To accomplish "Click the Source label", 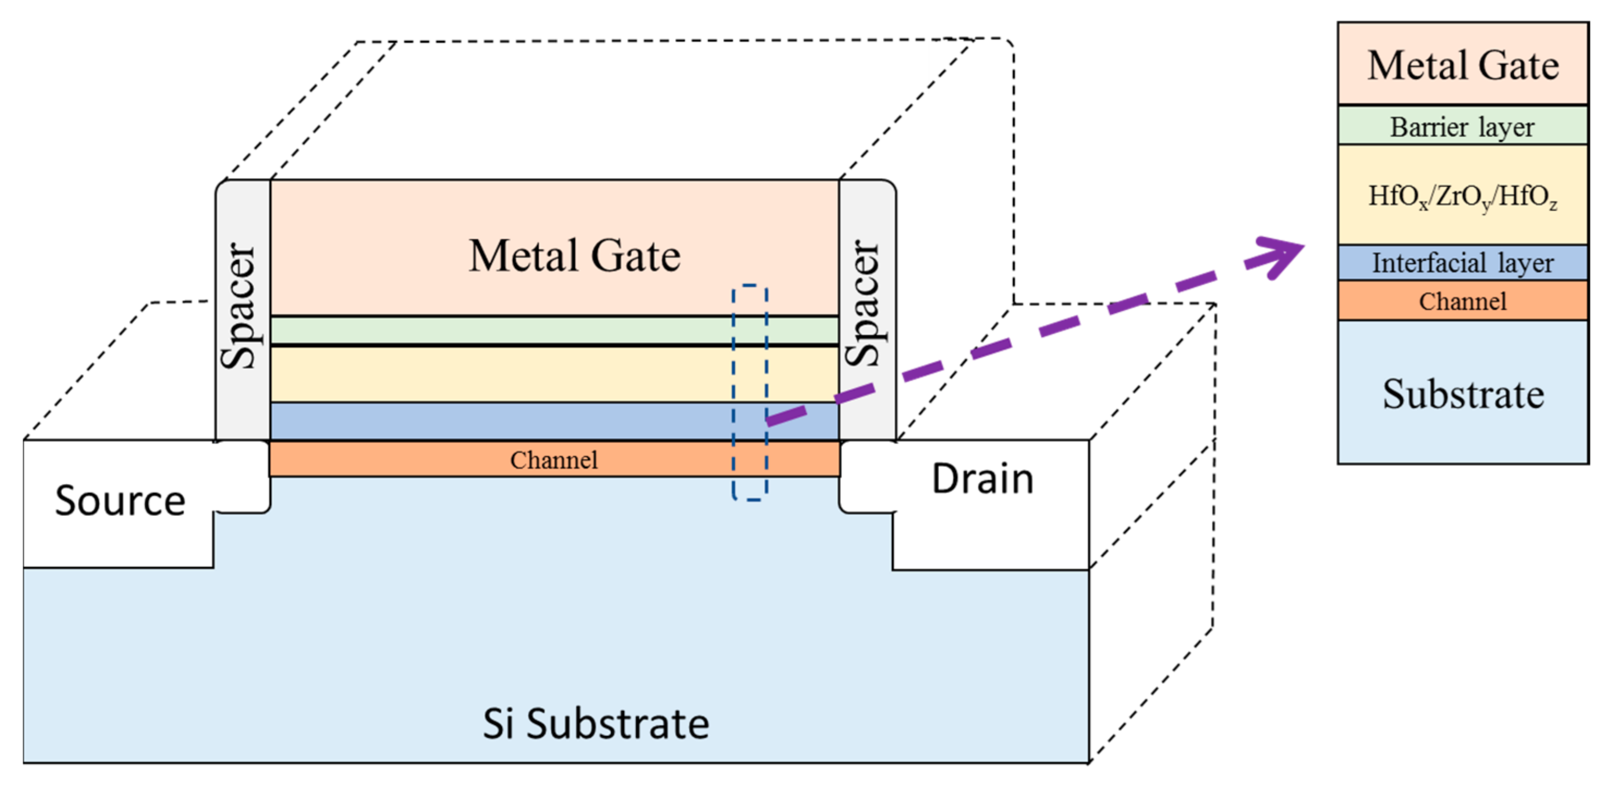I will click(x=120, y=500).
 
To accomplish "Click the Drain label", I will click(x=982, y=479).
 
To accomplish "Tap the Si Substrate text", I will click(x=596, y=723).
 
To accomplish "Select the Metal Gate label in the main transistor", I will click(x=574, y=256).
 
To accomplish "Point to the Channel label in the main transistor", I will click(x=554, y=460).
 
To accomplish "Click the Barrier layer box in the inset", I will click(x=1462, y=127).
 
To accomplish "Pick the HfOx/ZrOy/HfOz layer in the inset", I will click(x=1462, y=196).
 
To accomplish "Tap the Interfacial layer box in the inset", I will click(x=1462, y=263).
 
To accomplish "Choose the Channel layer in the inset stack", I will click(x=1462, y=302).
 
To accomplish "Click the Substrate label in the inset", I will click(x=1462, y=394).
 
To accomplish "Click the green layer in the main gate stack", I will click(x=500, y=330).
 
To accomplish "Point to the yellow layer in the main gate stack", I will click(x=500, y=374).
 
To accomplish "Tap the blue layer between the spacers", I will click(x=500, y=421).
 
